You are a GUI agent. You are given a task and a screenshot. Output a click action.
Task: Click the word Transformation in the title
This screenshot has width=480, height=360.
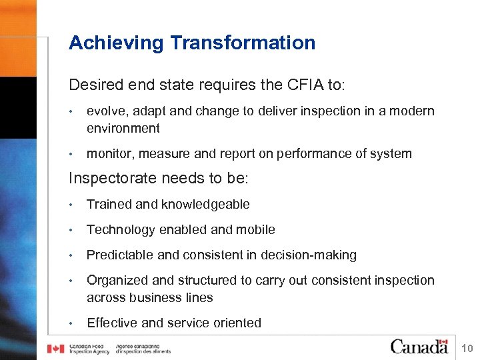tap(243, 43)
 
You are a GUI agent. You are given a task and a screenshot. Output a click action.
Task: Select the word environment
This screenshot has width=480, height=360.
tap(123, 128)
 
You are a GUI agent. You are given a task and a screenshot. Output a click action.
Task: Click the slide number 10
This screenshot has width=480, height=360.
tap(467, 349)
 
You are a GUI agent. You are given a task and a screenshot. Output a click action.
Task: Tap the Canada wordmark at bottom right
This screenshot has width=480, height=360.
tap(419, 347)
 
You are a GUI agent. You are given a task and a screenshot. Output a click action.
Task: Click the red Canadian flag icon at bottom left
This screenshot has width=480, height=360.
tap(55, 349)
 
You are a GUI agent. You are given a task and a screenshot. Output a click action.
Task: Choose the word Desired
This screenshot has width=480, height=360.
tap(92, 85)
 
